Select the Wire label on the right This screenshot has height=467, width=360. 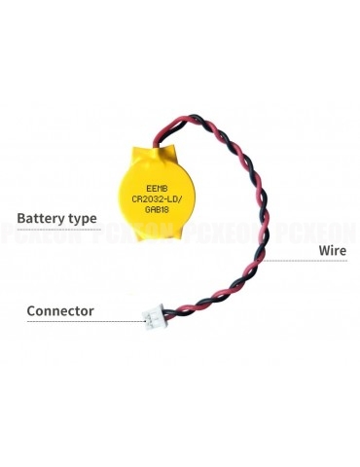(333, 250)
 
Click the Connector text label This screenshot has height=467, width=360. (60, 311)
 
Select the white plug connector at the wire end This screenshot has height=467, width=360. (155, 319)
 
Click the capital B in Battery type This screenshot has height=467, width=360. (22, 218)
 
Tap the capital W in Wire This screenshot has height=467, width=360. (322, 250)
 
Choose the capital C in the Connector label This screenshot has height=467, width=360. (32, 311)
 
